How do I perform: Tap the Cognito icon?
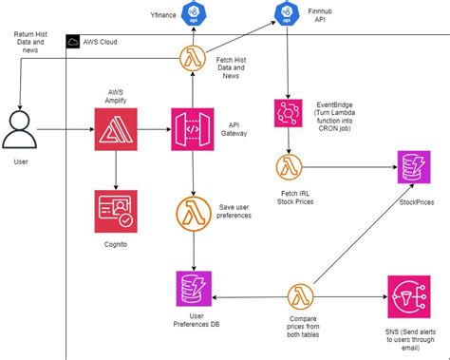pyautogui.click(x=116, y=210)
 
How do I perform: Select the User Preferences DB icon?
pyautogui.click(x=194, y=289)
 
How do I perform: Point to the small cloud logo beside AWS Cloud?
pyautogui.click(x=74, y=43)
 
